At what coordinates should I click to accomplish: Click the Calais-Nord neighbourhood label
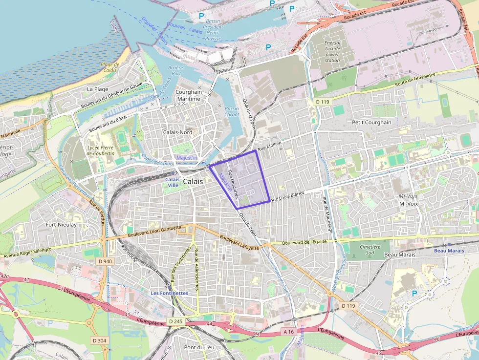(177, 132)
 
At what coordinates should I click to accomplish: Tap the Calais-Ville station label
(173, 182)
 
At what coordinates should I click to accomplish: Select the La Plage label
(98, 89)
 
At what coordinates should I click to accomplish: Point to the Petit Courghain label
(371, 122)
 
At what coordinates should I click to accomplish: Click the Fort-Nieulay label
(61, 225)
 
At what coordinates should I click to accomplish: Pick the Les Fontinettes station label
(169, 293)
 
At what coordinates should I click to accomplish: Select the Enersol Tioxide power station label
(332, 51)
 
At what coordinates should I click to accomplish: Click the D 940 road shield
(105, 261)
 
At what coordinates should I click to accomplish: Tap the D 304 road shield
(98, 340)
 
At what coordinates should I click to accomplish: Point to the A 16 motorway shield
(289, 332)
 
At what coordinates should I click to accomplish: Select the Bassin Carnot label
(232, 112)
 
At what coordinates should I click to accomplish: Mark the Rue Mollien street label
(270, 146)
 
